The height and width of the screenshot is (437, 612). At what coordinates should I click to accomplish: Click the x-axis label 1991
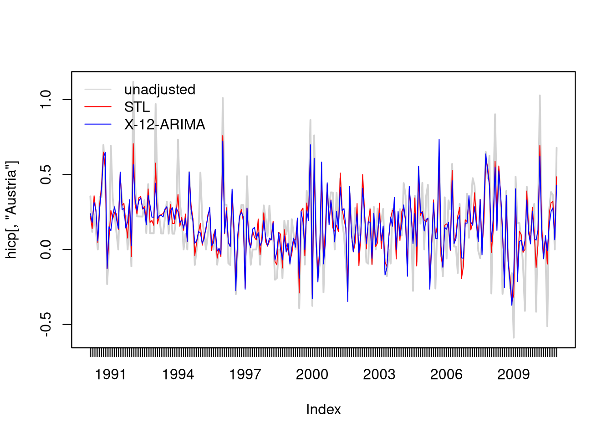tap(110, 375)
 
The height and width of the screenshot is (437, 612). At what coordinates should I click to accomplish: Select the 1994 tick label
tap(178, 375)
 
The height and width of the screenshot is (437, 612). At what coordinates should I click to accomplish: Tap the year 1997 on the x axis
tap(245, 375)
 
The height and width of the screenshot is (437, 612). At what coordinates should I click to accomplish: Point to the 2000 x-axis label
tap(312, 375)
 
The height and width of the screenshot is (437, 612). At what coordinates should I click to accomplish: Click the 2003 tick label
tap(379, 375)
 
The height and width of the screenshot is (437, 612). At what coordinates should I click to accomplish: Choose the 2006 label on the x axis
tap(446, 375)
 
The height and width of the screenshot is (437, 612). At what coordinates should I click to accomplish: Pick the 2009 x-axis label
tap(514, 375)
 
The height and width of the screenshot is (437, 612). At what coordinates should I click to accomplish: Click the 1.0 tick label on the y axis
tap(46, 100)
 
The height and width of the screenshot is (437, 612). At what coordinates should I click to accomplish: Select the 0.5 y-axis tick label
tap(46, 174)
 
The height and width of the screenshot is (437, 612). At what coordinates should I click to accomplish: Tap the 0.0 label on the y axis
tap(46, 249)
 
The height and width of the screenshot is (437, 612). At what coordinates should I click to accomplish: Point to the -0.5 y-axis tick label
tap(46, 325)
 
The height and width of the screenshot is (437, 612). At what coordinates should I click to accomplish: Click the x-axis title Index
tap(323, 409)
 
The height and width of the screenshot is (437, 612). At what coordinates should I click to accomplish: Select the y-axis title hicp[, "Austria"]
tap(11, 210)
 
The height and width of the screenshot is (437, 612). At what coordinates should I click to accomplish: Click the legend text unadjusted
tap(160, 90)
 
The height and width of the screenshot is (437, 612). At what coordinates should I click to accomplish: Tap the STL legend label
tap(137, 107)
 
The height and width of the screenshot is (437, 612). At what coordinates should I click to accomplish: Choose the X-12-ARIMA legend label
tap(165, 125)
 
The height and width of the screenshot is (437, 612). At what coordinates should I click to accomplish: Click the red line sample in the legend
tap(98, 107)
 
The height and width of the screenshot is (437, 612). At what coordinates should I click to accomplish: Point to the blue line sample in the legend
tap(98, 124)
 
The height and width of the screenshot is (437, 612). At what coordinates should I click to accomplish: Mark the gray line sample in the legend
tap(98, 89)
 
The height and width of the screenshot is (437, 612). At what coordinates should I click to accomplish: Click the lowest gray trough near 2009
tap(514, 338)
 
